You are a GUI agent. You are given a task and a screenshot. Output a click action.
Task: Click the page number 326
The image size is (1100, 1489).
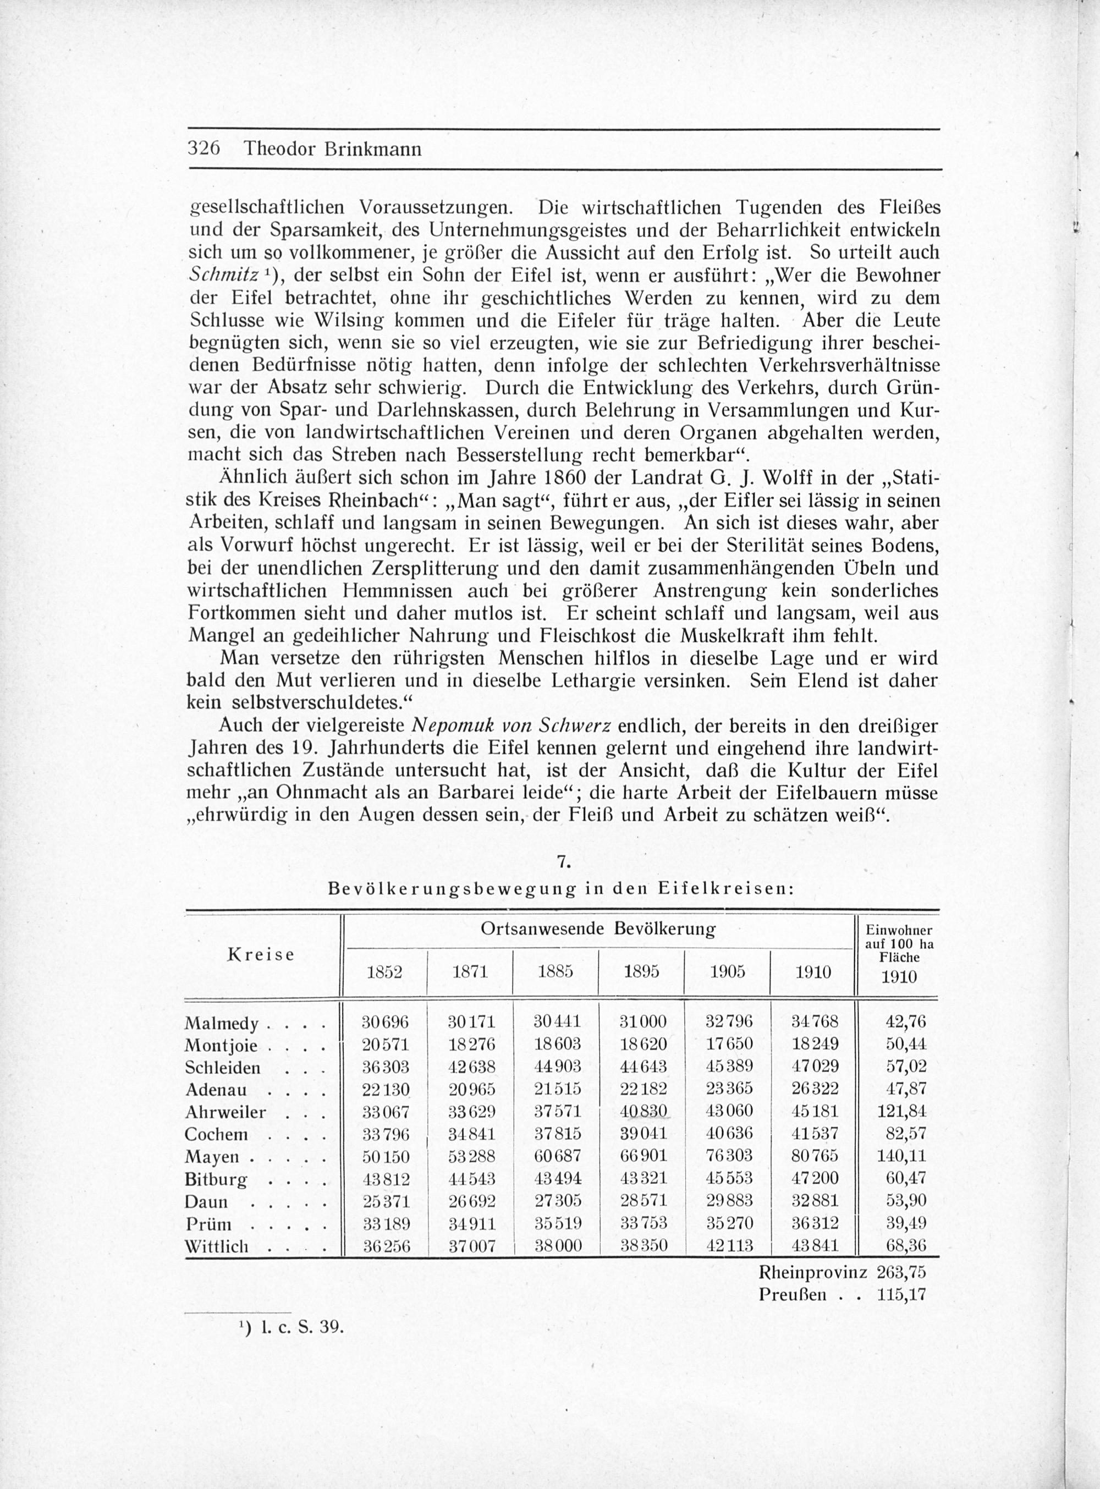[x=204, y=148]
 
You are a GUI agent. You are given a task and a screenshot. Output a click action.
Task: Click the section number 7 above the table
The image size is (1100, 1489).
[x=563, y=862]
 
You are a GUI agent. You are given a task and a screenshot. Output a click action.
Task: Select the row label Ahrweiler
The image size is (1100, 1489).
[x=225, y=1112]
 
